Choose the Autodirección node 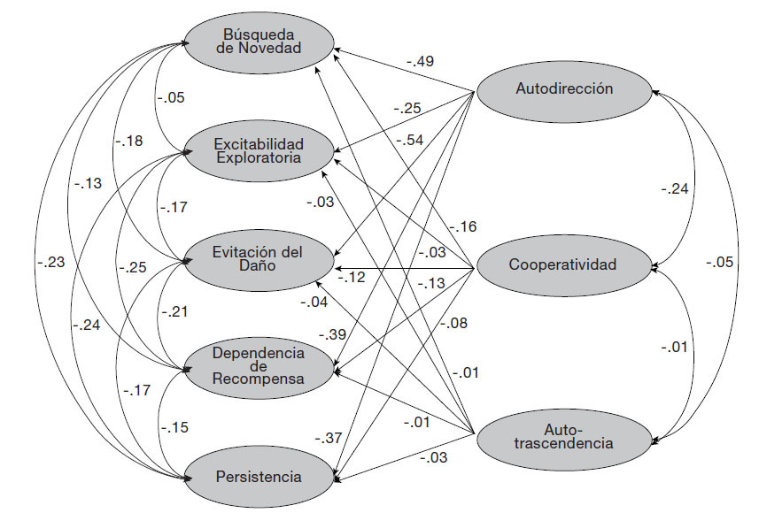[564, 88]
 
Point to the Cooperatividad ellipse [563, 264]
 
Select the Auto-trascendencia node [563, 434]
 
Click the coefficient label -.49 [421, 61]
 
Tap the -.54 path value [410, 141]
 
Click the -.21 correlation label [175, 312]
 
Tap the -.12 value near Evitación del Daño [351, 278]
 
